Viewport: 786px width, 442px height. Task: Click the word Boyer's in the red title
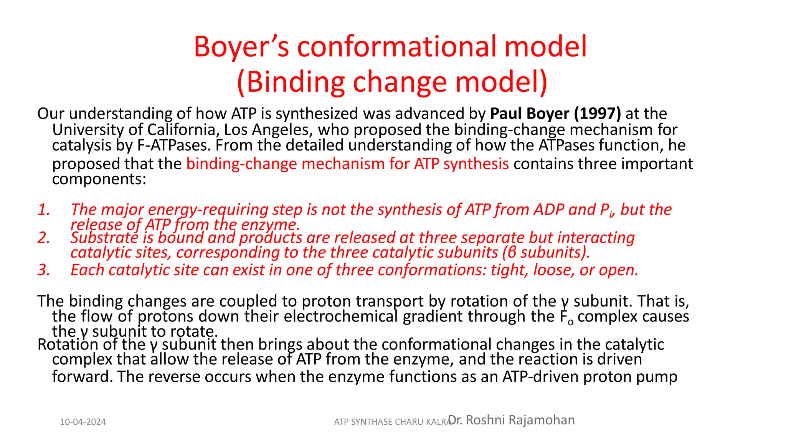coord(241,47)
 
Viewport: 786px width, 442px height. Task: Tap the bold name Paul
coord(507,114)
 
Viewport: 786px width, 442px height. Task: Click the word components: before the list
coord(99,179)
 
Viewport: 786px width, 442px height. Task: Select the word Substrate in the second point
coord(104,238)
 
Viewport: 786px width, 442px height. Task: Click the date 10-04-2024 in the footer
coord(83,422)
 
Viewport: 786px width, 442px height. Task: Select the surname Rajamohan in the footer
coord(542,420)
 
